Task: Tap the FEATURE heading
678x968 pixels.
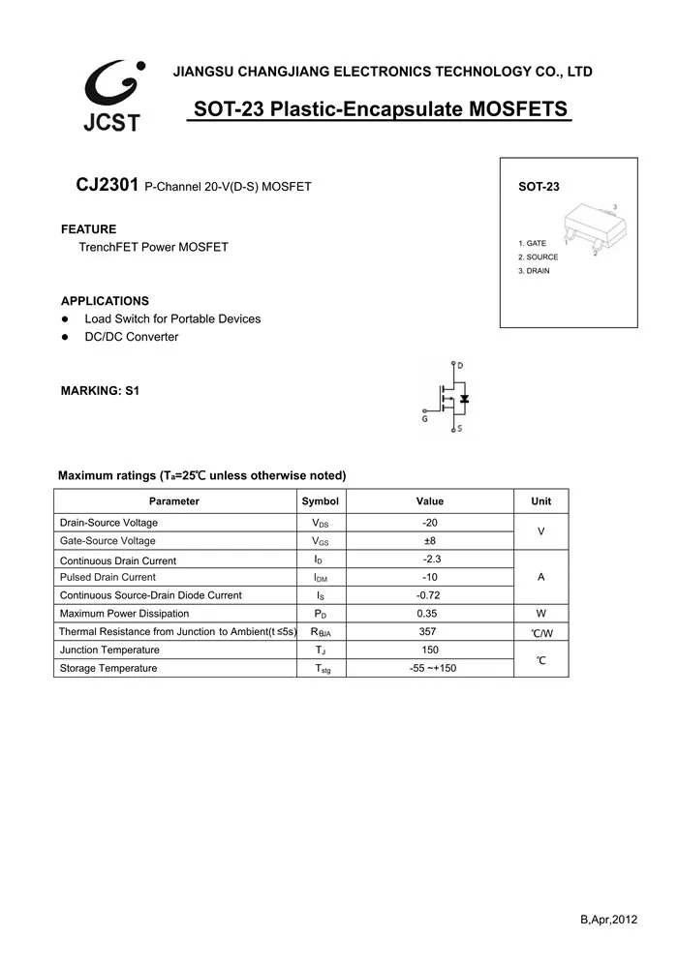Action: pyautogui.click(x=88, y=229)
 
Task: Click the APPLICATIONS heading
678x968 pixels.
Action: pyautogui.click(x=105, y=301)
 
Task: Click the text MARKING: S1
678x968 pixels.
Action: pyautogui.click(x=100, y=391)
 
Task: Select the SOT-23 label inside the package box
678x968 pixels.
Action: pyautogui.click(x=539, y=187)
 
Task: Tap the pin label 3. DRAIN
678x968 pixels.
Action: pyautogui.click(x=534, y=271)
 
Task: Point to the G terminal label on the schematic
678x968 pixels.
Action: pyautogui.click(x=424, y=418)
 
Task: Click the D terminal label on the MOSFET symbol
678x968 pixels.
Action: pyautogui.click(x=459, y=366)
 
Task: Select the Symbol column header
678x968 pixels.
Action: pyautogui.click(x=320, y=501)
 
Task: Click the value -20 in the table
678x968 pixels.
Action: pyautogui.click(x=430, y=523)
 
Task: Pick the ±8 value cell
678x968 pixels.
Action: pyautogui.click(x=430, y=541)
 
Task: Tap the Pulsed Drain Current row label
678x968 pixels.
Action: pyautogui.click(x=108, y=578)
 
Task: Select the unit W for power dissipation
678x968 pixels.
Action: pyautogui.click(x=540, y=614)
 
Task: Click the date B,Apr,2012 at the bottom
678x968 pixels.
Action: pyautogui.click(x=609, y=920)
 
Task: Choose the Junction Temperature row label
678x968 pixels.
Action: pyautogui.click(x=109, y=650)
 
